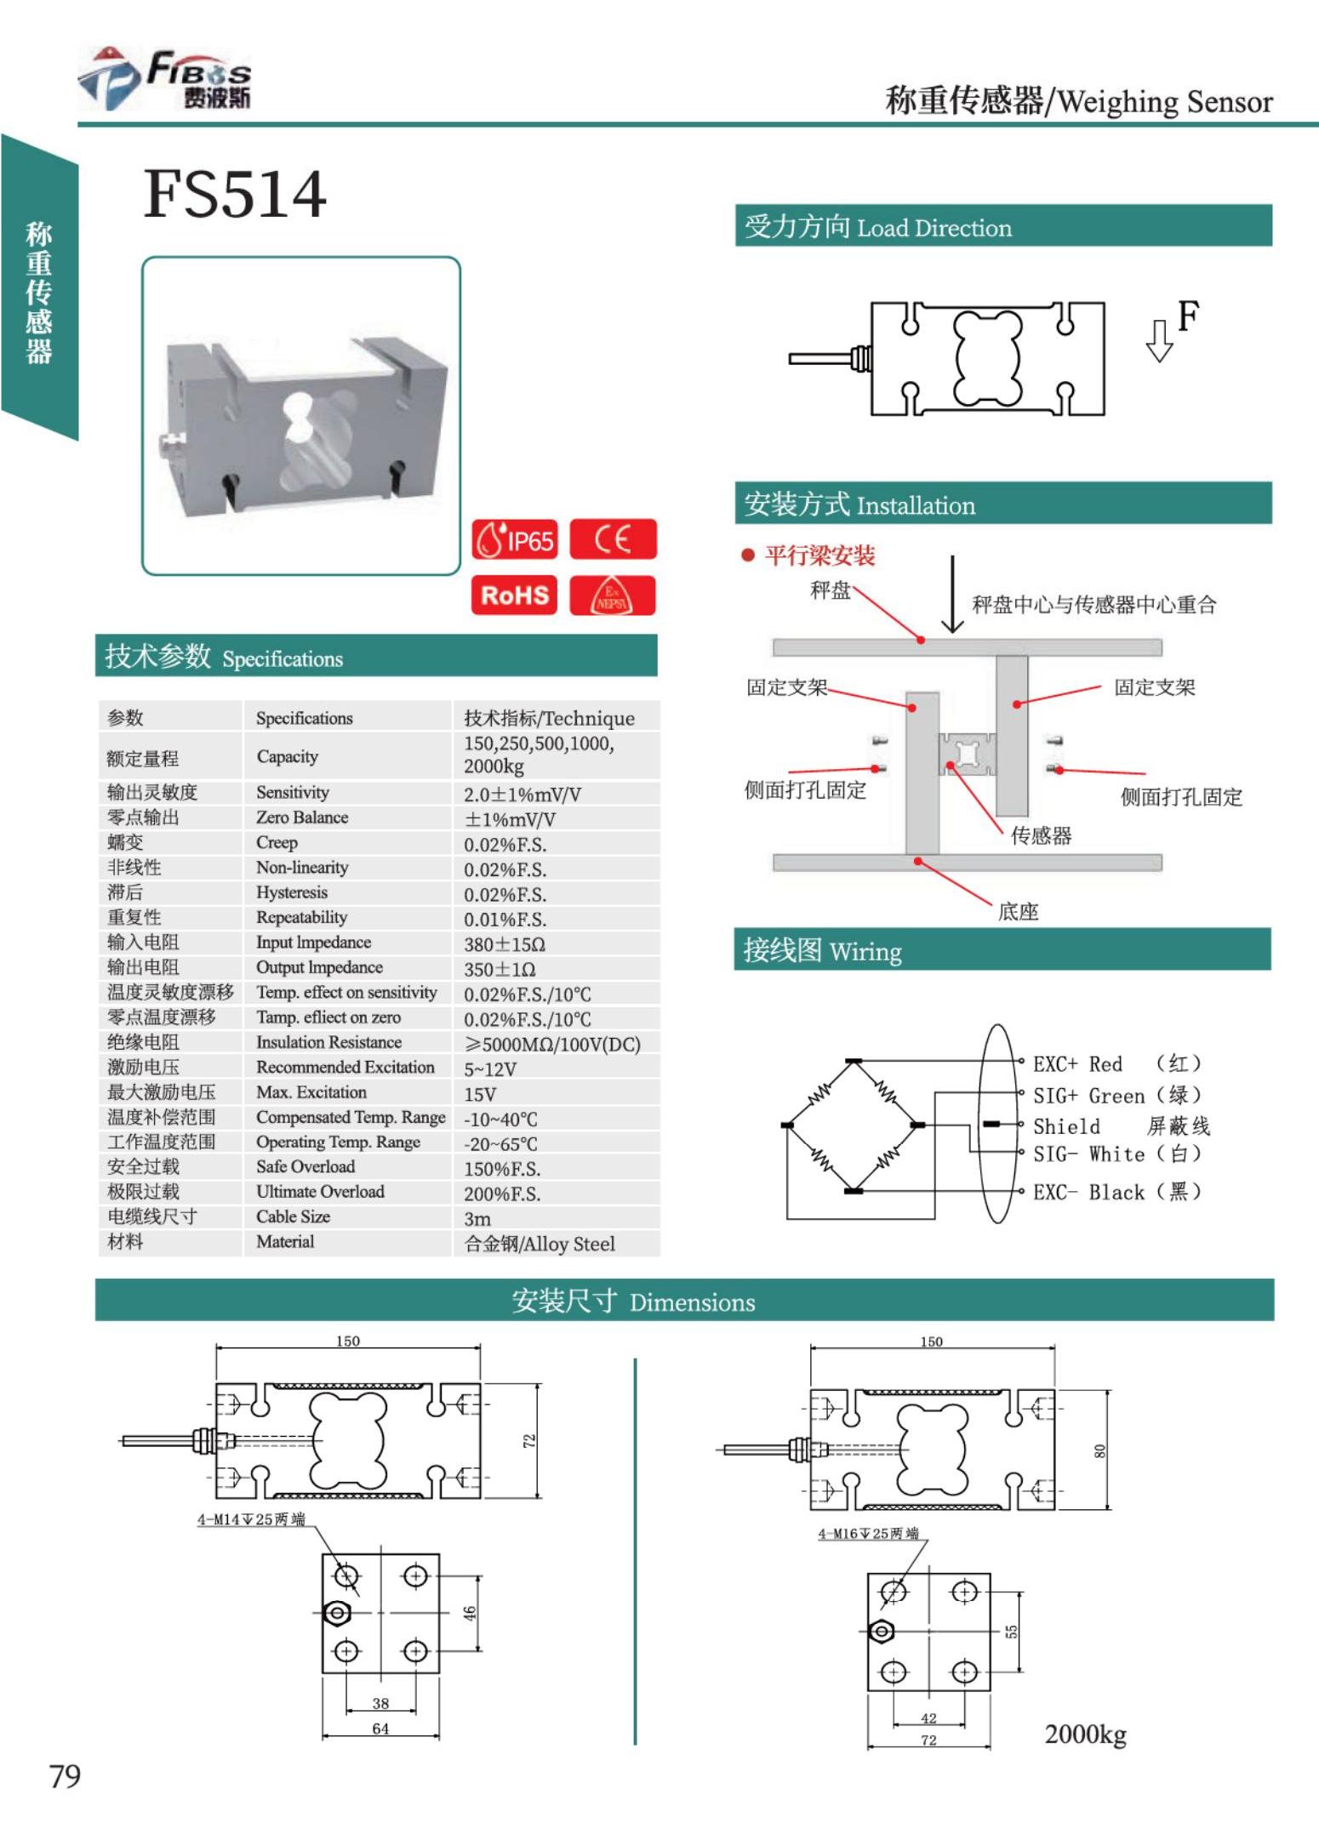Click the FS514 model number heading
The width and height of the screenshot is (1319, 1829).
click(235, 194)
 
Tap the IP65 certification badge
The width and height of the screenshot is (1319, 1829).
click(515, 539)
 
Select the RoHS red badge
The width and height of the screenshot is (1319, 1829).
click(515, 595)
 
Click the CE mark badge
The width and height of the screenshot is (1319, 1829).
click(613, 539)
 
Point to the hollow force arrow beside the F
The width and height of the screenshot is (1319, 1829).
click(1159, 340)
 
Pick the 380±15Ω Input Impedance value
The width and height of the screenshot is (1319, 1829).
click(504, 944)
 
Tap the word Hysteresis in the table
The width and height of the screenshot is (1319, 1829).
click(292, 892)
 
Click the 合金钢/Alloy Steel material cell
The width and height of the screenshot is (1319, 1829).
click(540, 1244)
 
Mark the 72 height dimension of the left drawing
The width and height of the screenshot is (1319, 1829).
click(529, 1441)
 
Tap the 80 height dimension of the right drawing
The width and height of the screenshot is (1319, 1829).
click(1099, 1450)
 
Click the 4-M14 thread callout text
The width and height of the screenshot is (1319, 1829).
click(251, 1519)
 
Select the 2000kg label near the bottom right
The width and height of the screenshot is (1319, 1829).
click(1085, 1734)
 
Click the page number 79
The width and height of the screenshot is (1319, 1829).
click(65, 1776)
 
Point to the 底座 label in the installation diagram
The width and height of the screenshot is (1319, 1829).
click(1018, 912)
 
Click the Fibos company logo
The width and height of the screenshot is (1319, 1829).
click(166, 78)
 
